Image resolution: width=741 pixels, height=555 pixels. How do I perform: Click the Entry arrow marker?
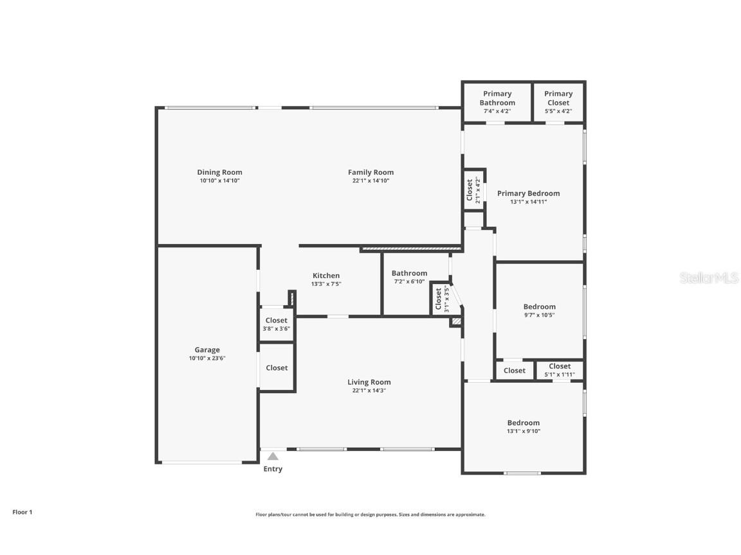tap(273, 456)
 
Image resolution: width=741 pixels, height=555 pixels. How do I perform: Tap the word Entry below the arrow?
tap(273, 469)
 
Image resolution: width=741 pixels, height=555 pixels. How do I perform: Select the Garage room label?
tap(207, 350)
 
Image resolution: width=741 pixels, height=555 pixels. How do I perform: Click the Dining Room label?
tap(219, 172)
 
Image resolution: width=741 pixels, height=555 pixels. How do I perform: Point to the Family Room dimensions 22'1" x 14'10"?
tap(370, 181)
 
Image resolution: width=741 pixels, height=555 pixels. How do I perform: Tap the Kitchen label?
tap(326, 276)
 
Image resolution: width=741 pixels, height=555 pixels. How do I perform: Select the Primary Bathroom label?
tap(497, 98)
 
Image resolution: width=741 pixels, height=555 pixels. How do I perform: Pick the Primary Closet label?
tap(558, 98)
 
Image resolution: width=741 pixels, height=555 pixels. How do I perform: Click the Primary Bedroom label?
tap(528, 193)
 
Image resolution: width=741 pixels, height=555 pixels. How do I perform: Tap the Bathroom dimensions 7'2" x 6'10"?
tap(409, 281)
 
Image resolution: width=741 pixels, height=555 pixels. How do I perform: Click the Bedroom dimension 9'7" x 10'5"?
tap(539, 315)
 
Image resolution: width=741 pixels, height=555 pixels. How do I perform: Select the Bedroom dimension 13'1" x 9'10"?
tap(524, 431)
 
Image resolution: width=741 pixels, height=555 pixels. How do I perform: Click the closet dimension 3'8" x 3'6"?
tap(277, 328)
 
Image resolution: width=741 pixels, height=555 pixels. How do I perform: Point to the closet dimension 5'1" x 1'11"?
tap(560, 374)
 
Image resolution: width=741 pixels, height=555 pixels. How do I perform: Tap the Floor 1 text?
tap(22, 512)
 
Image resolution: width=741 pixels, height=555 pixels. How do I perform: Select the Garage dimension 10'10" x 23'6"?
tap(207, 358)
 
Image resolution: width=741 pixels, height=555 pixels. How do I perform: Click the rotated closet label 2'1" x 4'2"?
tap(477, 190)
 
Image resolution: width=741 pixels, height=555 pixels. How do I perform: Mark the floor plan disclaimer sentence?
tap(370, 515)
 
